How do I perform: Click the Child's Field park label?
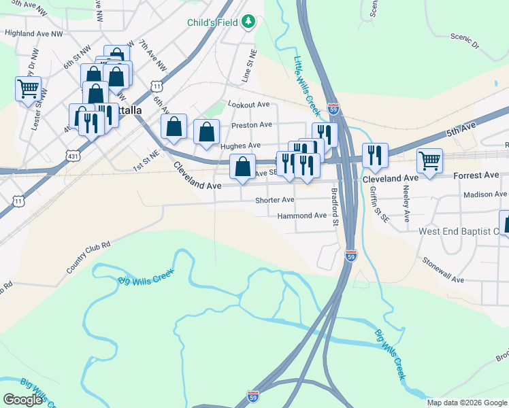pyautogui.click(x=213, y=22)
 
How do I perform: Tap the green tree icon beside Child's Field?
pyautogui.click(x=249, y=22)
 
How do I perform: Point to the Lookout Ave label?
pyautogui.click(x=249, y=105)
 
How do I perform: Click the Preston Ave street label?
pyautogui.click(x=251, y=125)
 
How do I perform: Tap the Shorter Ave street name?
pyautogui.click(x=274, y=201)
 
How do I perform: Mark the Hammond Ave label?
pyautogui.click(x=302, y=216)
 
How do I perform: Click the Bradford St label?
pyautogui.click(x=335, y=207)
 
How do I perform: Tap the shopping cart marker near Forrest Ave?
pyautogui.click(x=429, y=162)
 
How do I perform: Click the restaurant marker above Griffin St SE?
pyautogui.click(x=374, y=156)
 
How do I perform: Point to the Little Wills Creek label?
pyautogui.click(x=306, y=86)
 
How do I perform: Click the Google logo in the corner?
pyautogui.click(x=22, y=400)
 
